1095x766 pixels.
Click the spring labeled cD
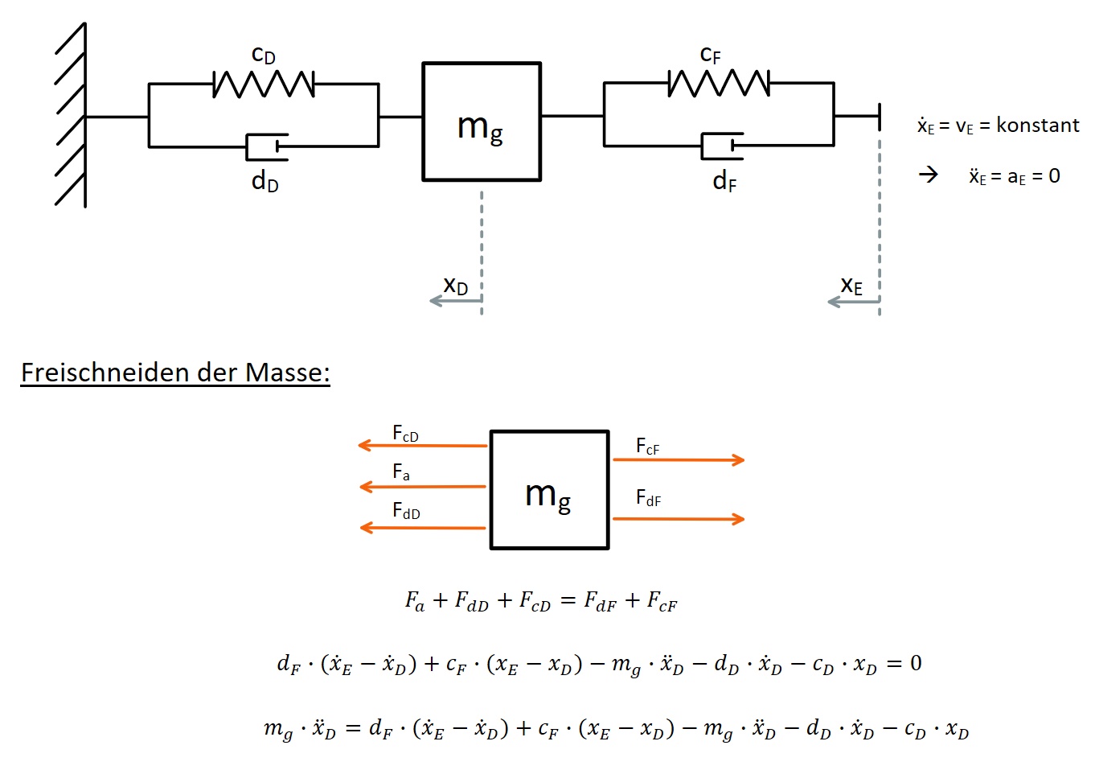click(x=264, y=84)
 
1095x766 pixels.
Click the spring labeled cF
click(x=719, y=83)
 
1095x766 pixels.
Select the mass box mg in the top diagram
click(x=482, y=121)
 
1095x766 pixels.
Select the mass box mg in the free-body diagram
click(x=549, y=490)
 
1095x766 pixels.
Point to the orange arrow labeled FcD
click(x=423, y=445)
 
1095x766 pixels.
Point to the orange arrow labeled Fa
click(x=423, y=487)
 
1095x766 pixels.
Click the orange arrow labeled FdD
click(x=423, y=528)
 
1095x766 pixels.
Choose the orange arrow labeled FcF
click(x=679, y=459)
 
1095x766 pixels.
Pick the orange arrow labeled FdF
click(x=679, y=519)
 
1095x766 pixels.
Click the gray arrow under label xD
click(x=455, y=301)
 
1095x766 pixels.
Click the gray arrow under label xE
click(x=853, y=302)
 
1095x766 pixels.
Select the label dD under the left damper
click(x=265, y=182)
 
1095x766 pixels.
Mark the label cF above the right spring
click(x=711, y=55)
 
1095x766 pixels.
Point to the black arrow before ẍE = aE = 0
click(x=929, y=175)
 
